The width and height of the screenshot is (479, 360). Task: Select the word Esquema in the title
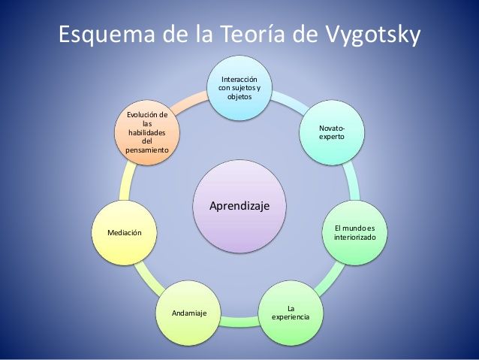tap(107, 35)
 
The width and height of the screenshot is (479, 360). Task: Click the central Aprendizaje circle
tap(239, 206)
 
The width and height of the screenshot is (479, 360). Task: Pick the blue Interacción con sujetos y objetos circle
tap(239, 88)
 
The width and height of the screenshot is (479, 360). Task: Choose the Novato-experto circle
tap(332, 132)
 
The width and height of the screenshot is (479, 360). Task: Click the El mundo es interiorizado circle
tap(354, 233)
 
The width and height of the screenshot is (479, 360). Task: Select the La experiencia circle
tap(291, 313)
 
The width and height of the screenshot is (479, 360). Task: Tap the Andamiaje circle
tap(188, 313)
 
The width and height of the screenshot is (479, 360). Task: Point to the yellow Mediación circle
tap(125, 233)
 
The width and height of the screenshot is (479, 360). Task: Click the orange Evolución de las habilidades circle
tap(147, 132)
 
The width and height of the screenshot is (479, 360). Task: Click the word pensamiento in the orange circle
tap(147, 150)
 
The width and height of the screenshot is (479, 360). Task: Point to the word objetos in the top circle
tap(239, 97)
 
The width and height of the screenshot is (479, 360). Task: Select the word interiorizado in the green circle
tap(354, 237)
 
